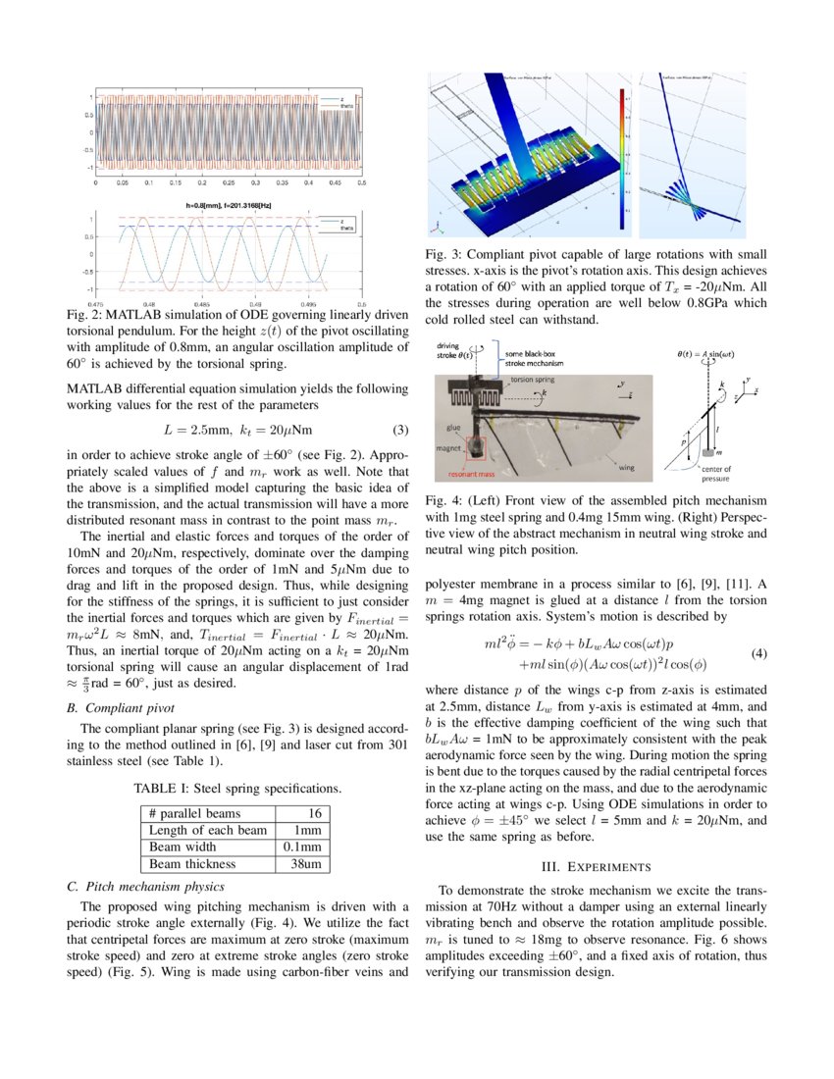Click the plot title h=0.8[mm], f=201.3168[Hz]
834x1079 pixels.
point(228,204)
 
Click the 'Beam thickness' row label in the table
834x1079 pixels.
point(192,864)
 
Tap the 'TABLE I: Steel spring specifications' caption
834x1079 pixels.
point(237,788)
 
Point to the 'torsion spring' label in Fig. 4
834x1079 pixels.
point(534,377)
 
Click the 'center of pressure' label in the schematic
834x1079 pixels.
point(715,474)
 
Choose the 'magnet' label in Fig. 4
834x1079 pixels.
point(450,447)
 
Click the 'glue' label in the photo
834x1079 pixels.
point(452,428)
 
